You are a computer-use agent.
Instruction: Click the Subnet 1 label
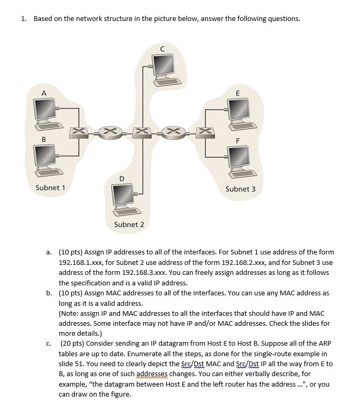[50, 187]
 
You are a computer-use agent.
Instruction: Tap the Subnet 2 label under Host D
[129, 225]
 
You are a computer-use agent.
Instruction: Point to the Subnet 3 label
[241, 189]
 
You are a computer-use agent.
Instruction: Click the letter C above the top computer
[162, 48]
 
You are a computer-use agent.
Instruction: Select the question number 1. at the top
[24, 19]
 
